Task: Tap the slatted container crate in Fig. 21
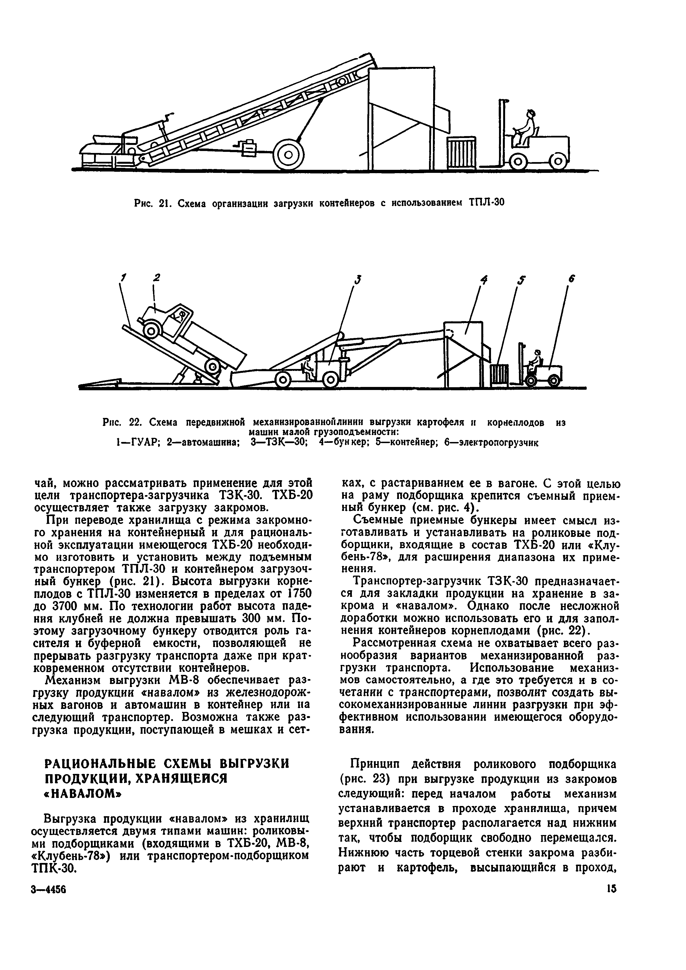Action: point(462,153)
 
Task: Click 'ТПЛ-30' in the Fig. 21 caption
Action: point(487,203)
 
